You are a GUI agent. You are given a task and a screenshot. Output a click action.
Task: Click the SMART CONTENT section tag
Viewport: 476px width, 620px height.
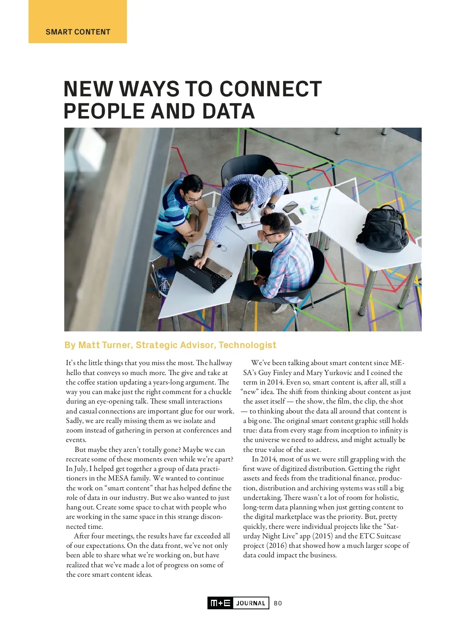click(x=78, y=32)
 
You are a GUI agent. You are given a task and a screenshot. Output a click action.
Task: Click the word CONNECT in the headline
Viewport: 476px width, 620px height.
click(x=271, y=89)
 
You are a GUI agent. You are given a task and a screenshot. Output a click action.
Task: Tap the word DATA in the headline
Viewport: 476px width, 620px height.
click(x=228, y=111)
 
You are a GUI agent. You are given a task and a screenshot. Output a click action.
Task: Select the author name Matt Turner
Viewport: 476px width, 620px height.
click(x=105, y=345)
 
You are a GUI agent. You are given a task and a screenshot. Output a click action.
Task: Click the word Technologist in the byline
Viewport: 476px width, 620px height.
click(x=247, y=345)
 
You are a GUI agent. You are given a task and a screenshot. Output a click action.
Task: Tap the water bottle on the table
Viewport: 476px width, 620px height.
click(x=315, y=207)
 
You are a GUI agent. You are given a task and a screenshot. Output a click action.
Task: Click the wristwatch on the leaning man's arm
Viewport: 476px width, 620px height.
click(x=271, y=206)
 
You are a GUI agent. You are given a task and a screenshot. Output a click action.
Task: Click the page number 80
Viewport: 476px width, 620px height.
click(x=278, y=603)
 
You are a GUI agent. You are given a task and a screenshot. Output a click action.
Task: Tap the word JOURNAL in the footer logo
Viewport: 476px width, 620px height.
click(x=251, y=603)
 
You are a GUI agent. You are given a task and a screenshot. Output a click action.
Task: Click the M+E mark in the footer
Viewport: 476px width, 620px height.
click(x=220, y=603)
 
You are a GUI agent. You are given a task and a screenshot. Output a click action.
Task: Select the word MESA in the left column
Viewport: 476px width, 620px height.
click(x=118, y=478)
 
